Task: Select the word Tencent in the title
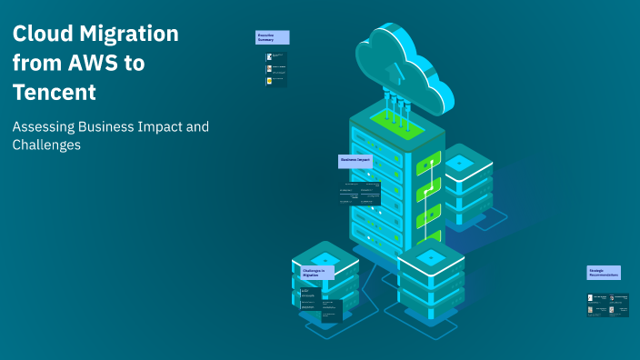pos(55,93)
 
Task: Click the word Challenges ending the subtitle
pos(46,145)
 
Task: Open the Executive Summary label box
pos(273,37)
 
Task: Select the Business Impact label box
pos(355,160)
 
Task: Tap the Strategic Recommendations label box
pos(604,272)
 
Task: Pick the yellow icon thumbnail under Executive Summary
pos(269,81)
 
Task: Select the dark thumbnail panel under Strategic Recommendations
pos(608,305)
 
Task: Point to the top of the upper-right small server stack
pos(459,162)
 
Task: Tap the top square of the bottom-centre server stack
pos(432,259)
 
